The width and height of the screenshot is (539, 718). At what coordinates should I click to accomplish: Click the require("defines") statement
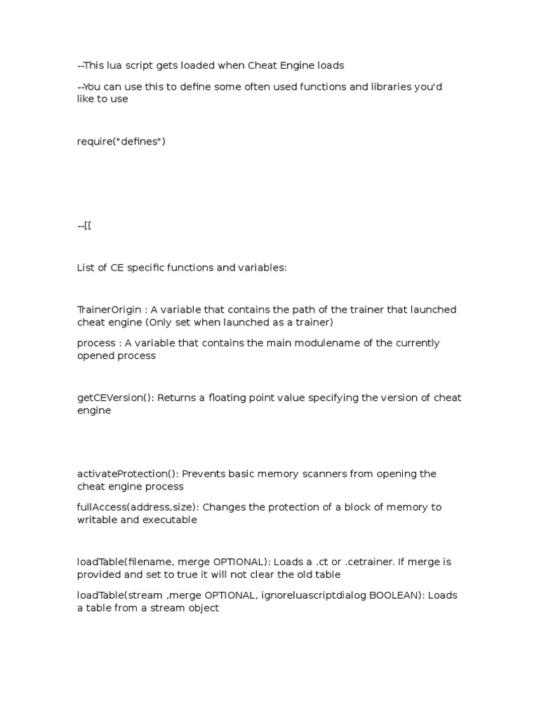tap(121, 142)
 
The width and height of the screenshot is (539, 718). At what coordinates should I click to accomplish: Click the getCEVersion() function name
tap(115, 398)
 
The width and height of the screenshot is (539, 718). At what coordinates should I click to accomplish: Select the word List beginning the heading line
tap(86, 267)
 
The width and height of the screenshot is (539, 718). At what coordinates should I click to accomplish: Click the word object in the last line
tap(203, 609)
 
